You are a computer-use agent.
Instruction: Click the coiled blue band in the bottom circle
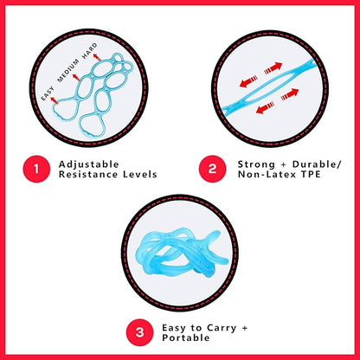[x=179, y=252]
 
